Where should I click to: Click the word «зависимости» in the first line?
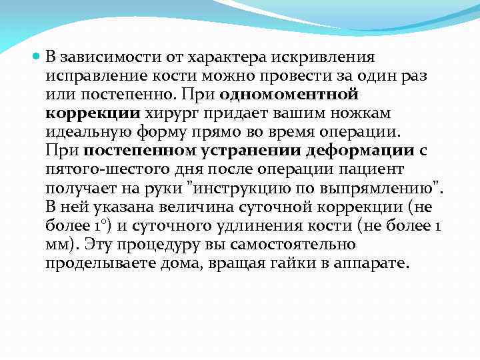pos(102,57)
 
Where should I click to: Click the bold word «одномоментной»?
pos(289,95)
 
